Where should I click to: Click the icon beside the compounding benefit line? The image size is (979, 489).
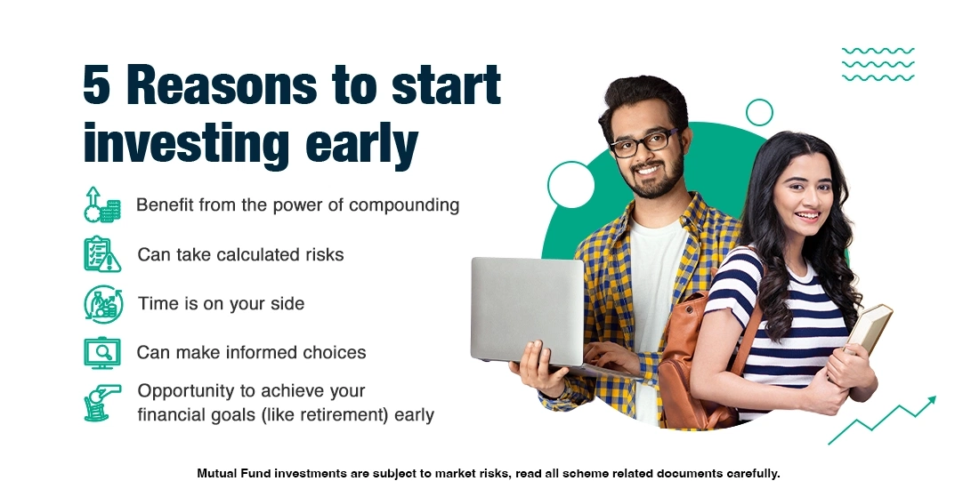coord(101,204)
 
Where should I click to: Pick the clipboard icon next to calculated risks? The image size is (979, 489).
coord(101,254)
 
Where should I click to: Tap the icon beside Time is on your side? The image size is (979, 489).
coord(101,303)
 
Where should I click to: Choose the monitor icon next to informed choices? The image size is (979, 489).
coord(101,352)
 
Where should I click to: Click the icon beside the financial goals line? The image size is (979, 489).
coord(101,402)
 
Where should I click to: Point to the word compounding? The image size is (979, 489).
coord(404,205)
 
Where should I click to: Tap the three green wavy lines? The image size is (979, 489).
coord(878,64)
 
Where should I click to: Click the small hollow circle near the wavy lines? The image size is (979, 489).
coord(759,112)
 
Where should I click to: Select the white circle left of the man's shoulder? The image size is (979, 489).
coord(570,185)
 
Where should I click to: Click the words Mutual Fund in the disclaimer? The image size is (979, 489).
coord(235,473)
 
